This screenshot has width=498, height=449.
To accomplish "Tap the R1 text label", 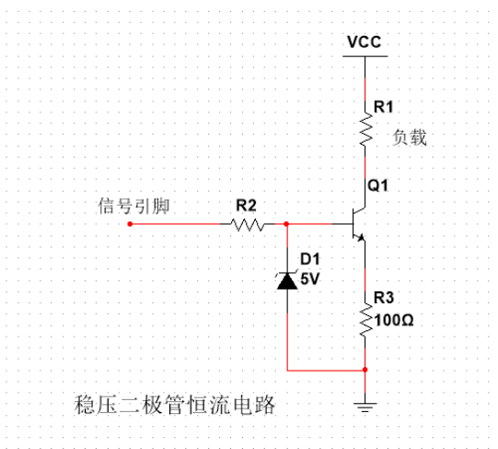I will [383, 106].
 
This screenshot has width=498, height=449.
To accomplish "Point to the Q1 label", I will [378, 185].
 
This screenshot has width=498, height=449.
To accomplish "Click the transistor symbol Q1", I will [358, 223].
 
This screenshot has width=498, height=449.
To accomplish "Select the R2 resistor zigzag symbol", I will [247, 224].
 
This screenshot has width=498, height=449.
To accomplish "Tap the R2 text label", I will [246, 204].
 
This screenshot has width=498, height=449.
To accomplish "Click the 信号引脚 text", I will [131, 205].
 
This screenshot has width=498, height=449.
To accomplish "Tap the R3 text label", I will [383, 300].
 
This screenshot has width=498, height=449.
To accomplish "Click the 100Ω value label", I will [393, 323].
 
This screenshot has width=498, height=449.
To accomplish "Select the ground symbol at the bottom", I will [365, 404].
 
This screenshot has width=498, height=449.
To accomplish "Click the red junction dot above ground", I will [365, 371].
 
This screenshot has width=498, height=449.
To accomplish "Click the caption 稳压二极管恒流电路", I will [174, 406].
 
